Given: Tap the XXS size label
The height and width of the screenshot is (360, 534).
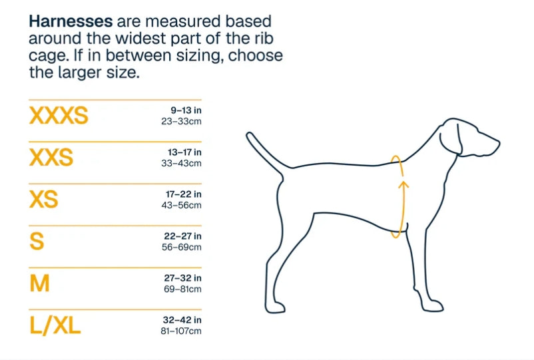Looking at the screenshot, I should tap(51, 158).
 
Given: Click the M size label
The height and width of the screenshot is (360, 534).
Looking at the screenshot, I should tap(39, 283).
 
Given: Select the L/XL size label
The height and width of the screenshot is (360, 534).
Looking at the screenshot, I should tap(55, 325).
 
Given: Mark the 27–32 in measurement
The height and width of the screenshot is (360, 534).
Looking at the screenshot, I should tap(182, 277).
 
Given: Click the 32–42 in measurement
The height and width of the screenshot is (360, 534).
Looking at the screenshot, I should tap(182, 319).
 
